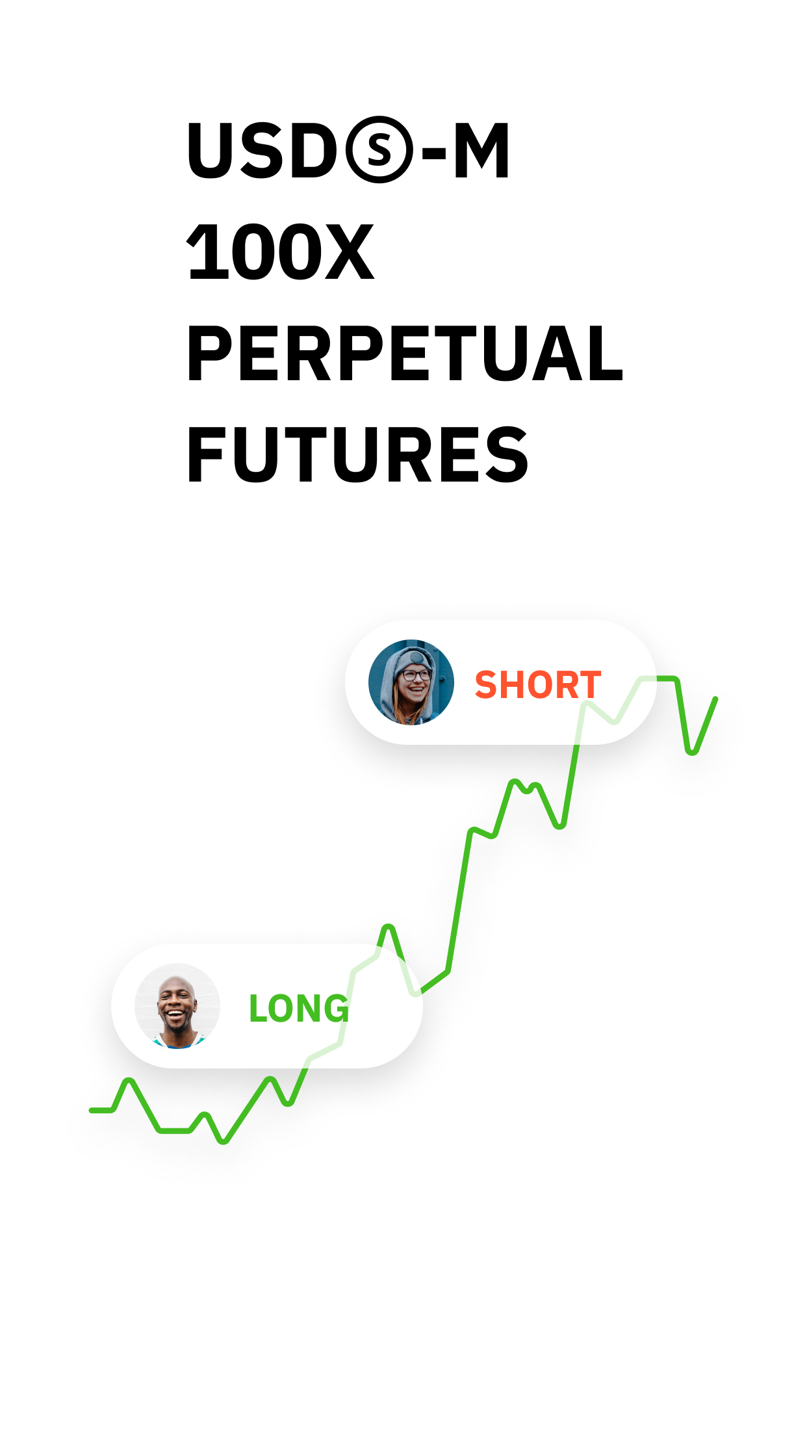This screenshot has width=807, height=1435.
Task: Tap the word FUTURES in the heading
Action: pyautogui.click(x=357, y=455)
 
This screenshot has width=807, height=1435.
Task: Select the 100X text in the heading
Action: pyautogui.click(x=280, y=252)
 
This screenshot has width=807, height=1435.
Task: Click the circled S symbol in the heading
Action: pyautogui.click(x=379, y=150)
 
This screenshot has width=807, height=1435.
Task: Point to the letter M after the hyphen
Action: pyautogui.click(x=481, y=150)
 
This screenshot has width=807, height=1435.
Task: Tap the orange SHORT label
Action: pyautogui.click(x=538, y=685)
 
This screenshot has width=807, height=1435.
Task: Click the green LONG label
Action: pyautogui.click(x=299, y=1008)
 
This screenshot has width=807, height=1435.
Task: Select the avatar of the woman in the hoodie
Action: pyautogui.click(x=411, y=682)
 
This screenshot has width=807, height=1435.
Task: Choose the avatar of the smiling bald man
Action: pyautogui.click(x=177, y=1005)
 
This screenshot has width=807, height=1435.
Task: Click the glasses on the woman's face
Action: pyautogui.click(x=414, y=676)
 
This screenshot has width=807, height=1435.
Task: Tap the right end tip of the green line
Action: pyautogui.click(x=716, y=699)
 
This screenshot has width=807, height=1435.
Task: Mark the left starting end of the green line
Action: pyautogui.click(x=92, y=1110)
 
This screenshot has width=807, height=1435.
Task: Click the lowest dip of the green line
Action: pyautogui.click(x=224, y=1141)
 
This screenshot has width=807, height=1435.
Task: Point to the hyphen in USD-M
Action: pyautogui.click(x=433, y=155)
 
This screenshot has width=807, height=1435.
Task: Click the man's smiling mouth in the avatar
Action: pyautogui.click(x=175, y=1014)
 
